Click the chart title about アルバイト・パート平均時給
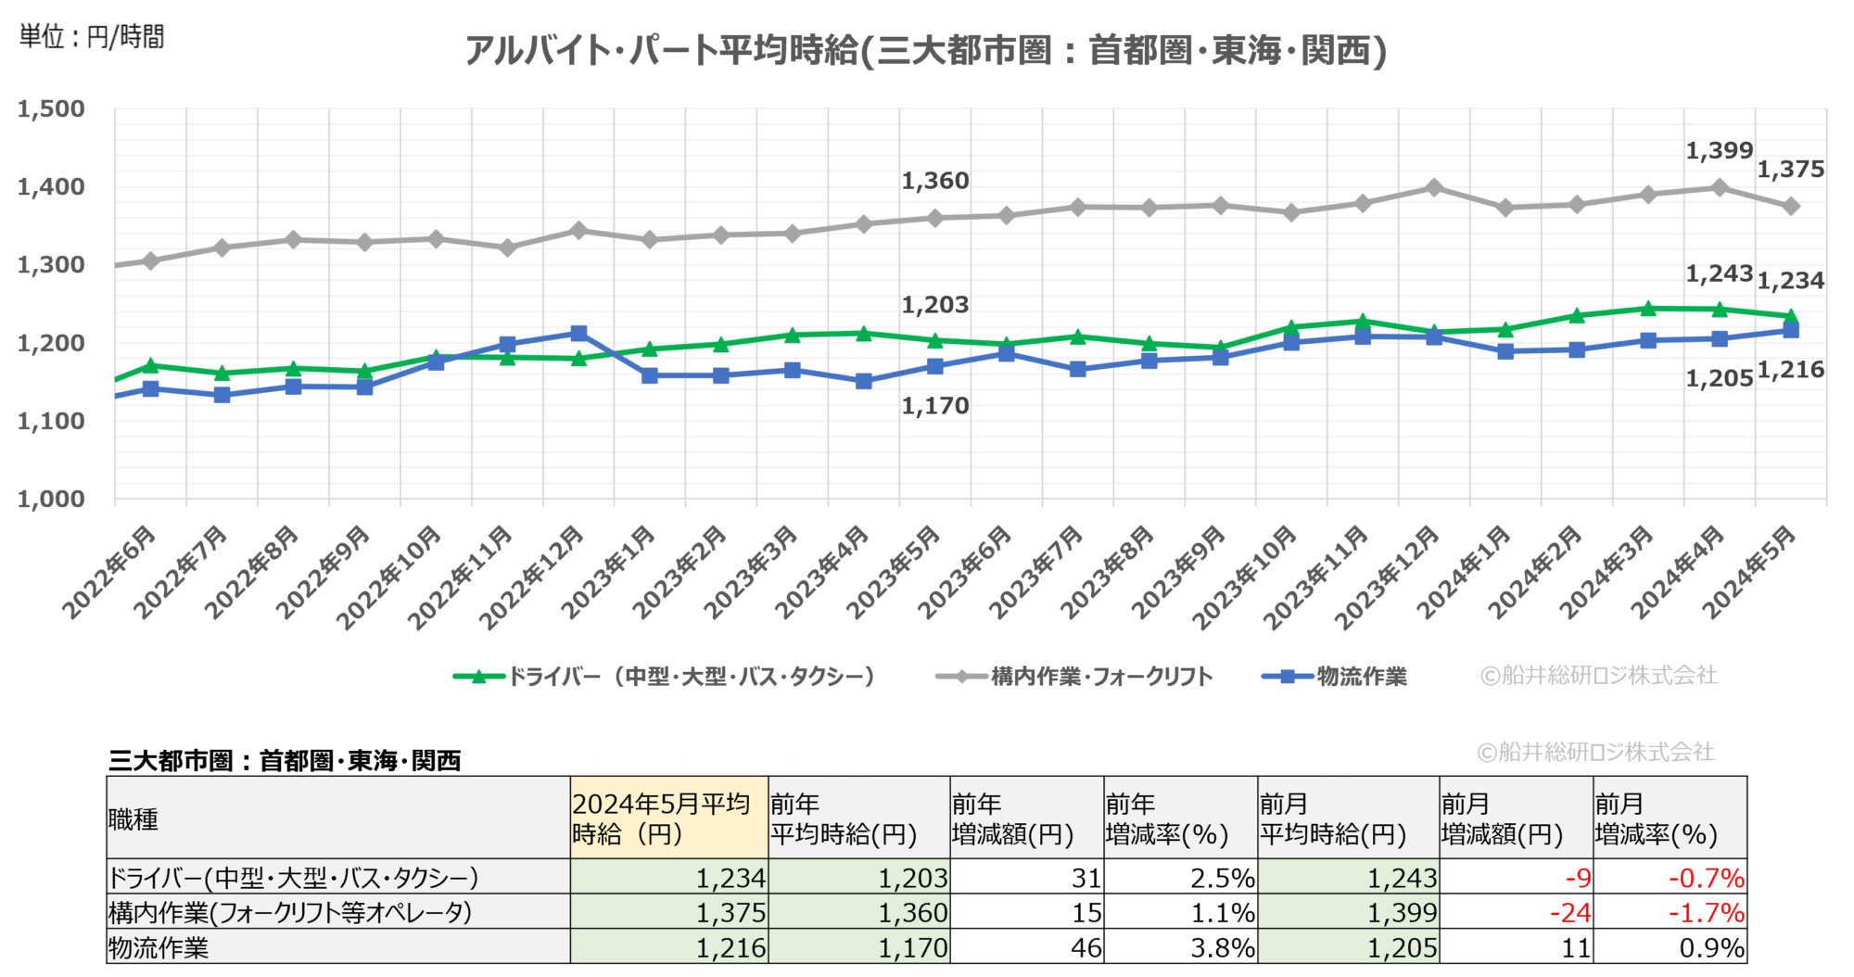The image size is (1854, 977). coord(925,50)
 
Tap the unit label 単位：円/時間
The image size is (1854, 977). coord(92,37)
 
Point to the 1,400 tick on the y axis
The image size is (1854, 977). coord(51,187)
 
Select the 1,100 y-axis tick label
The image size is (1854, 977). coord(51,422)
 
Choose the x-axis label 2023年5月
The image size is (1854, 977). coord(894,572)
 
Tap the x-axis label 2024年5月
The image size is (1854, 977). coord(1749,572)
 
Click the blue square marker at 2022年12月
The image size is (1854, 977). coord(578,334)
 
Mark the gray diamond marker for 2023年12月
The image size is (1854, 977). coord(1434,188)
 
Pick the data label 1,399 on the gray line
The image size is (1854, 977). coord(1719,151)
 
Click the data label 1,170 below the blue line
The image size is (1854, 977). coord(935,406)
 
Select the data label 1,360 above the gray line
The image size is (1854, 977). coord(935,181)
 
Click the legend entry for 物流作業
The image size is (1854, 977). coord(1335,677)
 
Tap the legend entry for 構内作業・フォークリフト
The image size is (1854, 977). coord(1075,677)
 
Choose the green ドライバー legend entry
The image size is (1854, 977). coord(665,677)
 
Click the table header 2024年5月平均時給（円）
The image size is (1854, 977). coord(667,818)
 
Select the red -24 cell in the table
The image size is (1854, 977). coord(1570,913)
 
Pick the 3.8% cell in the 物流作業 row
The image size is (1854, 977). coord(1223,948)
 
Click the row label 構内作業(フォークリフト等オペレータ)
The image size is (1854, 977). coord(290,913)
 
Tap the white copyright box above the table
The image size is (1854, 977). coord(1597,752)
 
